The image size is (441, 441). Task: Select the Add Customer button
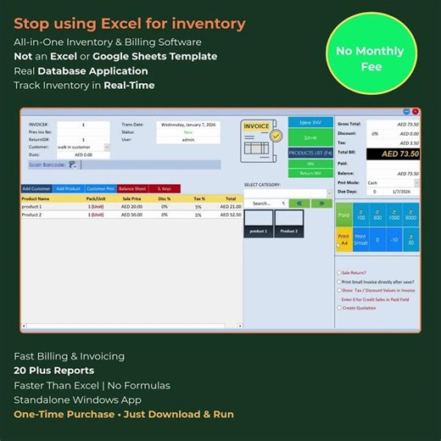point(36,188)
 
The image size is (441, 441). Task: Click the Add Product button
point(68,188)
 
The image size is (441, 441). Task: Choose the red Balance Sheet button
point(132,188)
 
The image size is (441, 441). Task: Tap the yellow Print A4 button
point(343,239)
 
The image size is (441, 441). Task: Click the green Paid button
point(343,215)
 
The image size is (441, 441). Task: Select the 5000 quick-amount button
point(410,215)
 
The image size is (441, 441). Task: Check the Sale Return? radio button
point(339,273)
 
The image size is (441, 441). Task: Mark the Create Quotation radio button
point(339,308)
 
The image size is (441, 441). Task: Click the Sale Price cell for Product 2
point(131,215)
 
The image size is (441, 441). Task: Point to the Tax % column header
point(199,198)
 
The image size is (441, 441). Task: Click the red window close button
point(416,112)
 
